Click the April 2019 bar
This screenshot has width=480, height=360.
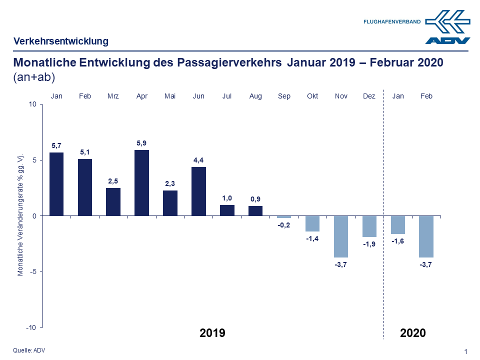[142, 183]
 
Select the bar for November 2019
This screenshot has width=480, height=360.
[341, 236]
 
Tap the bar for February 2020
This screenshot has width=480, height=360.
[426, 236]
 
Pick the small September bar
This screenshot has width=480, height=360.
[284, 217]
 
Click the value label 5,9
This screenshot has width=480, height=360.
[142, 143]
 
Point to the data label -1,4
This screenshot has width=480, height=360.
[312, 239]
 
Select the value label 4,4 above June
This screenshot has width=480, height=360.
[198, 160]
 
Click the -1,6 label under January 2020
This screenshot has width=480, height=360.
[398, 241]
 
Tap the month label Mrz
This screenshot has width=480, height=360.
[113, 96]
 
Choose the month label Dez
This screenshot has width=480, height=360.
[369, 96]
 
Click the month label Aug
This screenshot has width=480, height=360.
[255, 96]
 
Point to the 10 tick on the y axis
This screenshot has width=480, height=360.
[33, 104]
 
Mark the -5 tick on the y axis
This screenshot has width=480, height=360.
[33, 271]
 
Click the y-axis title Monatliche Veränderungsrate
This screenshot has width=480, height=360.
[20, 216]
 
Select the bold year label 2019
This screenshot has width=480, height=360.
[212, 333]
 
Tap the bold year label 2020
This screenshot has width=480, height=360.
[412, 333]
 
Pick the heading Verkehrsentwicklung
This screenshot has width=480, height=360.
[61, 41]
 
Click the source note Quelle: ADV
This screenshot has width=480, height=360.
[29, 350]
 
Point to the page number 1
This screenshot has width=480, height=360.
[465, 351]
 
